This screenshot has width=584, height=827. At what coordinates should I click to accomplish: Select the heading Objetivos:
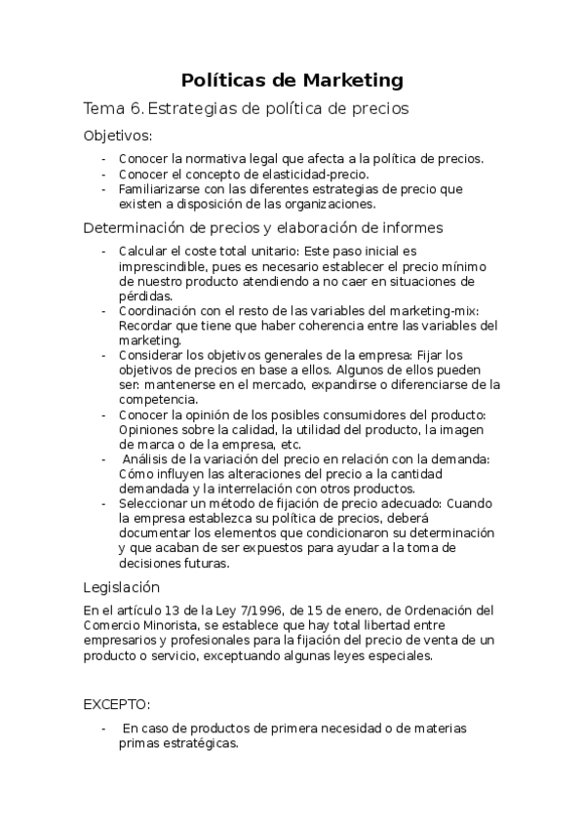pyautogui.click(x=118, y=136)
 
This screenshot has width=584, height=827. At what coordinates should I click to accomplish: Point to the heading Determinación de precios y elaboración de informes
pyautogui.click(x=263, y=228)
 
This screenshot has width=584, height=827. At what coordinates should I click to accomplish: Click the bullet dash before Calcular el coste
pyautogui.click(x=105, y=251)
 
